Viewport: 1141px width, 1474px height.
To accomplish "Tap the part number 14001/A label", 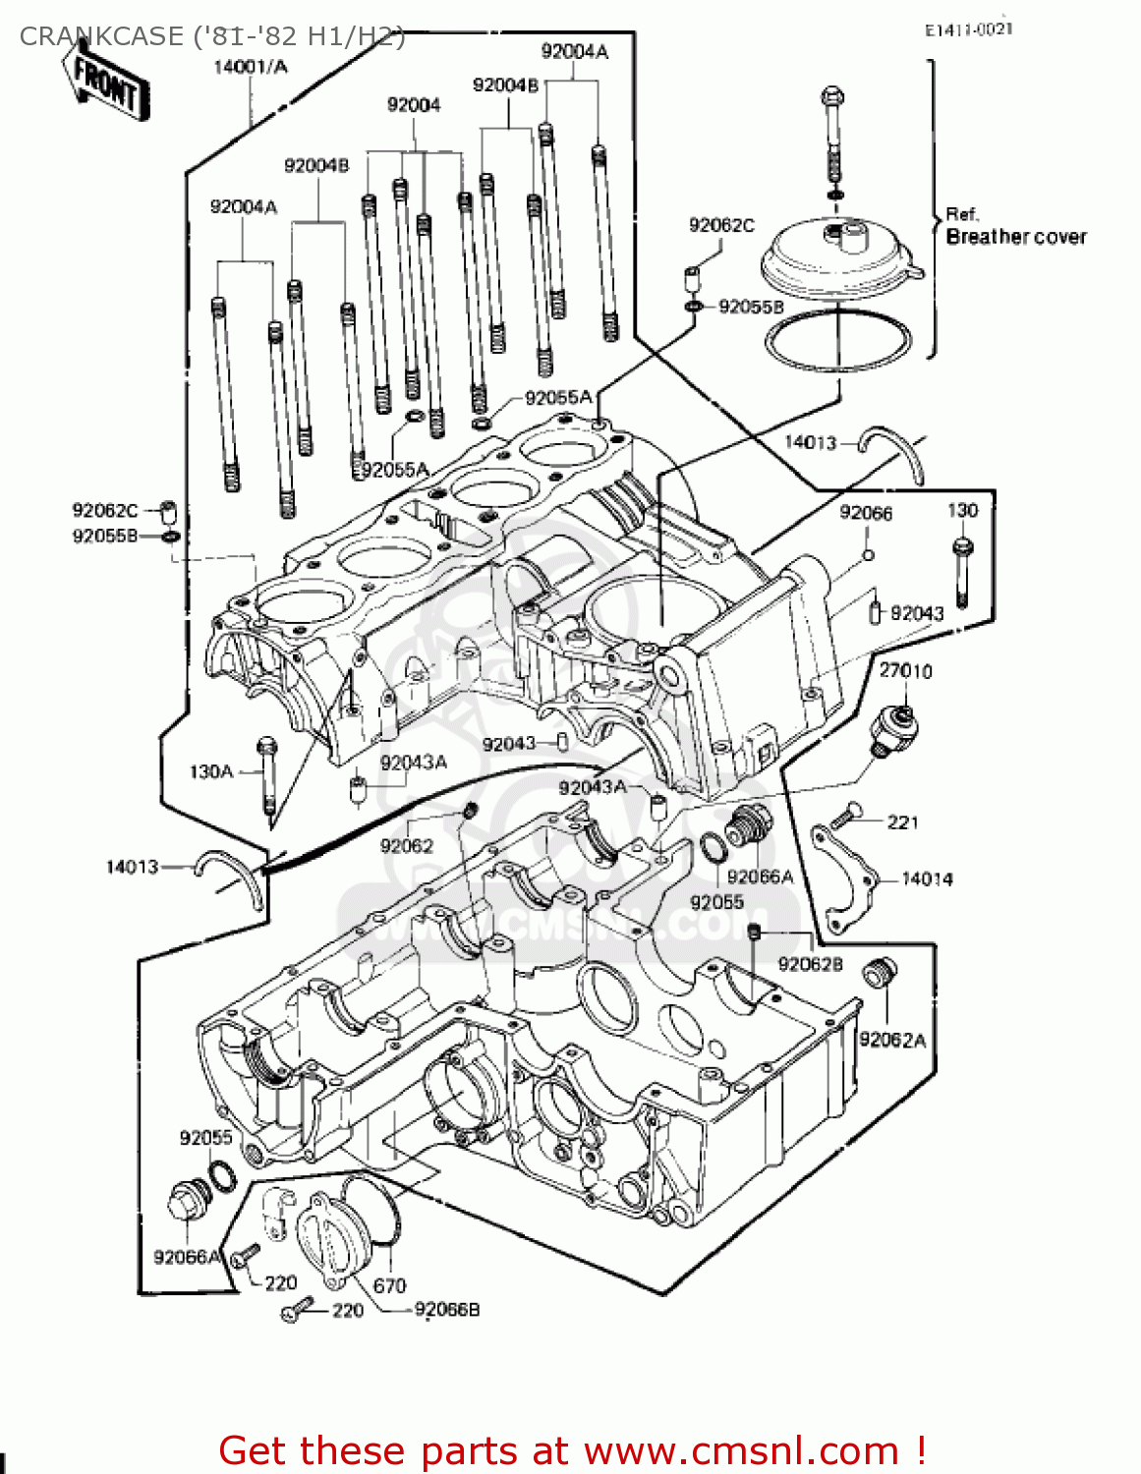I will (x=251, y=67).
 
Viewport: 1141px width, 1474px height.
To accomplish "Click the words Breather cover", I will (x=1015, y=237).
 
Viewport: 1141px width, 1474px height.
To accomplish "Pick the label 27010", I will (x=905, y=671).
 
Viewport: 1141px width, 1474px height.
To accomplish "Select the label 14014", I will (x=926, y=879).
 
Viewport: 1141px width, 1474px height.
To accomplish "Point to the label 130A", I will (x=211, y=771).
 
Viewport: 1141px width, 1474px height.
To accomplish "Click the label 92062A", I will (x=892, y=1040).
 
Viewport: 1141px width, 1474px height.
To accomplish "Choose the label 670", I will (x=389, y=1285).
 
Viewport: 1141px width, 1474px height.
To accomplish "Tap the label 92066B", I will (x=447, y=1310).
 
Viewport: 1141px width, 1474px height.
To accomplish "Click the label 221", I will (x=902, y=822).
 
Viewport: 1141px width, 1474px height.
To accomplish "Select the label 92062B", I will (x=810, y=964).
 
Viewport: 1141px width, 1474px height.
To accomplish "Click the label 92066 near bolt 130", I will (x=866, y=513).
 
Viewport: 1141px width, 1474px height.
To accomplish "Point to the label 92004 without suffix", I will (x=414, y=105).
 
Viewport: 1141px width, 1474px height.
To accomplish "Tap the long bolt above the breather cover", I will (x=832, y=138).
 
